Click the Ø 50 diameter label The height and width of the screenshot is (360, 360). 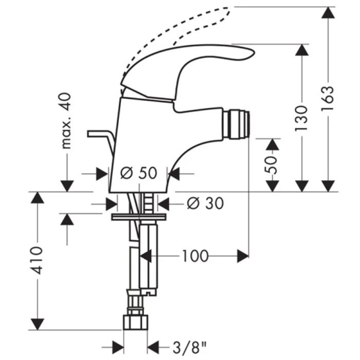pyautogui.click(x=139, y=173)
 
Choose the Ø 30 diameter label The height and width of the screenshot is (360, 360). pyautogui.click(x=205, y=204)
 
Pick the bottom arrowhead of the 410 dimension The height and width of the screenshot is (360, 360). pyautogui.click(x=37, y=324)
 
